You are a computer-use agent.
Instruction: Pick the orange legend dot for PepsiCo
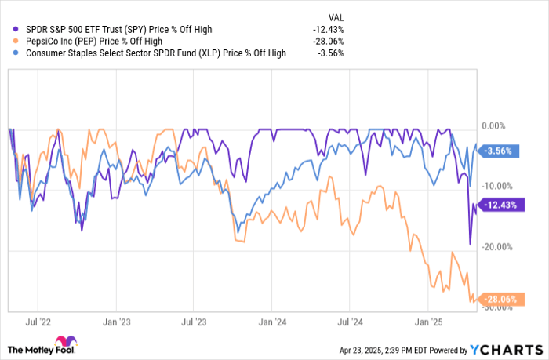point(15,41)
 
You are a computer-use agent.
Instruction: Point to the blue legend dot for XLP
point(15,53)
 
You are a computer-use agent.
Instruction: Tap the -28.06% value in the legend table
point(327,41)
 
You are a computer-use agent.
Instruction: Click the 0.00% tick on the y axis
point(493,125)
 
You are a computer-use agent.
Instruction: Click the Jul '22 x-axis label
point(39,321)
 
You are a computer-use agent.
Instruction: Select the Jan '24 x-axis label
point(271,321)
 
